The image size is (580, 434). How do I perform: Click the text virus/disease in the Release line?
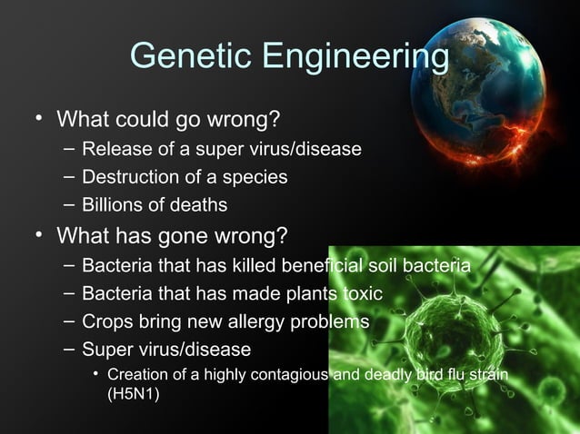(310, 149)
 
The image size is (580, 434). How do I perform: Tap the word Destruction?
(129, 176)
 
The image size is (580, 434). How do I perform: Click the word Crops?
(106, 322)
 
